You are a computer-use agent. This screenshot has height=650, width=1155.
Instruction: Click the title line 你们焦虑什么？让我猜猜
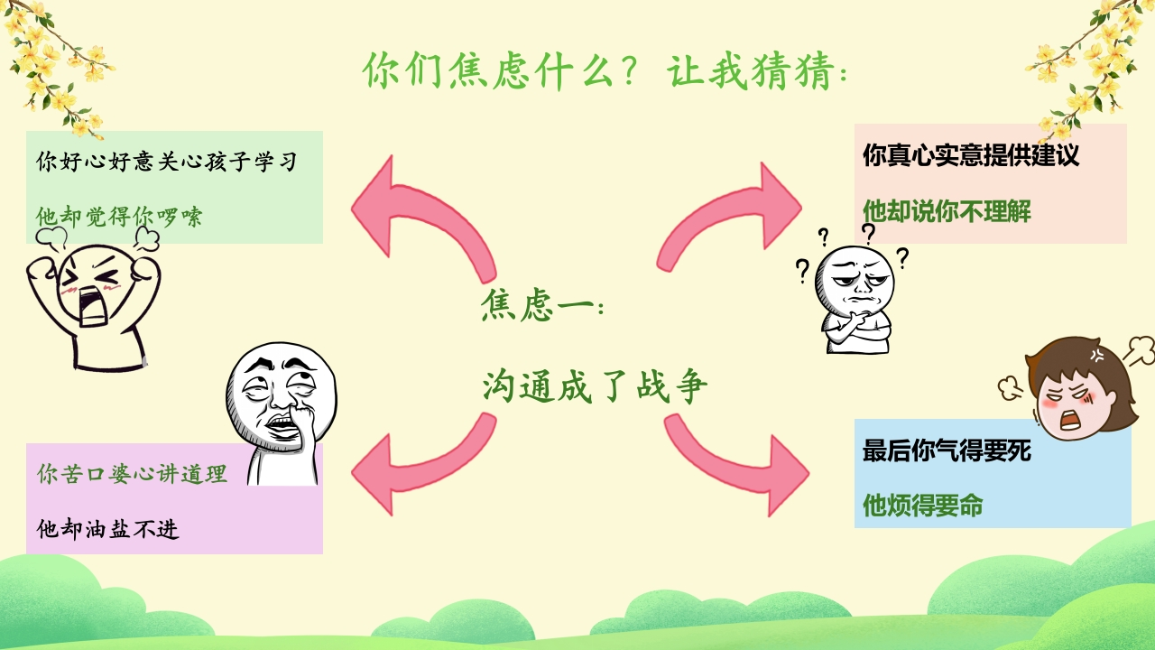pyautogui.click(x=605, y=70)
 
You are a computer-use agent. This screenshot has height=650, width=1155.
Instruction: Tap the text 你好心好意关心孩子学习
pyautogui.click(x=166, y=162)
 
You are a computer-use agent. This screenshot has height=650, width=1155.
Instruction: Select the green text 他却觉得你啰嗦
pyautogui.click(x=119, y=218)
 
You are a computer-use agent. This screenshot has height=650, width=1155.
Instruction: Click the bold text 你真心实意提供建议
pyautogui.click(x=970, y=155)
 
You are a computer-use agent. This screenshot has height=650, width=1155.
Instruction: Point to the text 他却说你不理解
pyautogui.click(x=947, y=211)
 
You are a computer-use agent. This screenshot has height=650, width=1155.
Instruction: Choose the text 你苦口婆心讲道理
pyautogui.click(x=132, y=474)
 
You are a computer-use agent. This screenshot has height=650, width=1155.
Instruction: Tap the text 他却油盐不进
pyautogui.click(x=107, y=529)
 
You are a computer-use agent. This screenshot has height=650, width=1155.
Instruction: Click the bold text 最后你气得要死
pyautogui.click(x=947, y=450)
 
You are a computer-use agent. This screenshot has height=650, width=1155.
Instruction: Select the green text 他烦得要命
pyautogui.click(x=922, y=506)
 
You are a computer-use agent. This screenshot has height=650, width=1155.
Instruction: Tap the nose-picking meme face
pyautogui.click(x=275, y=411)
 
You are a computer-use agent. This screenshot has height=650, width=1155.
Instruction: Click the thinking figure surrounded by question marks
pyautogui.click(x=853, y=293)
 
